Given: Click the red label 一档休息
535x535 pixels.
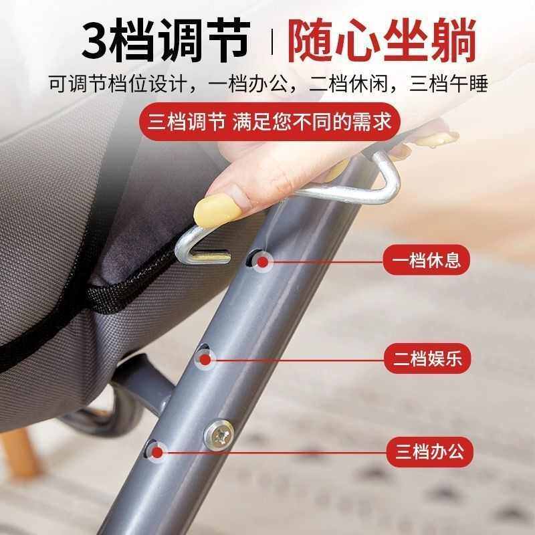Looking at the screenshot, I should coord(427,260).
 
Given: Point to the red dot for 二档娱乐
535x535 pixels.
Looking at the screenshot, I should coord(206,360).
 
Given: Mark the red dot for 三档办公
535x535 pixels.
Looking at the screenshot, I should coord(158,452).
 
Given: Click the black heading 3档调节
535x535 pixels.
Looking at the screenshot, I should coord(163,41).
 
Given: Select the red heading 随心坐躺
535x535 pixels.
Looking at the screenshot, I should coord(382,41).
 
